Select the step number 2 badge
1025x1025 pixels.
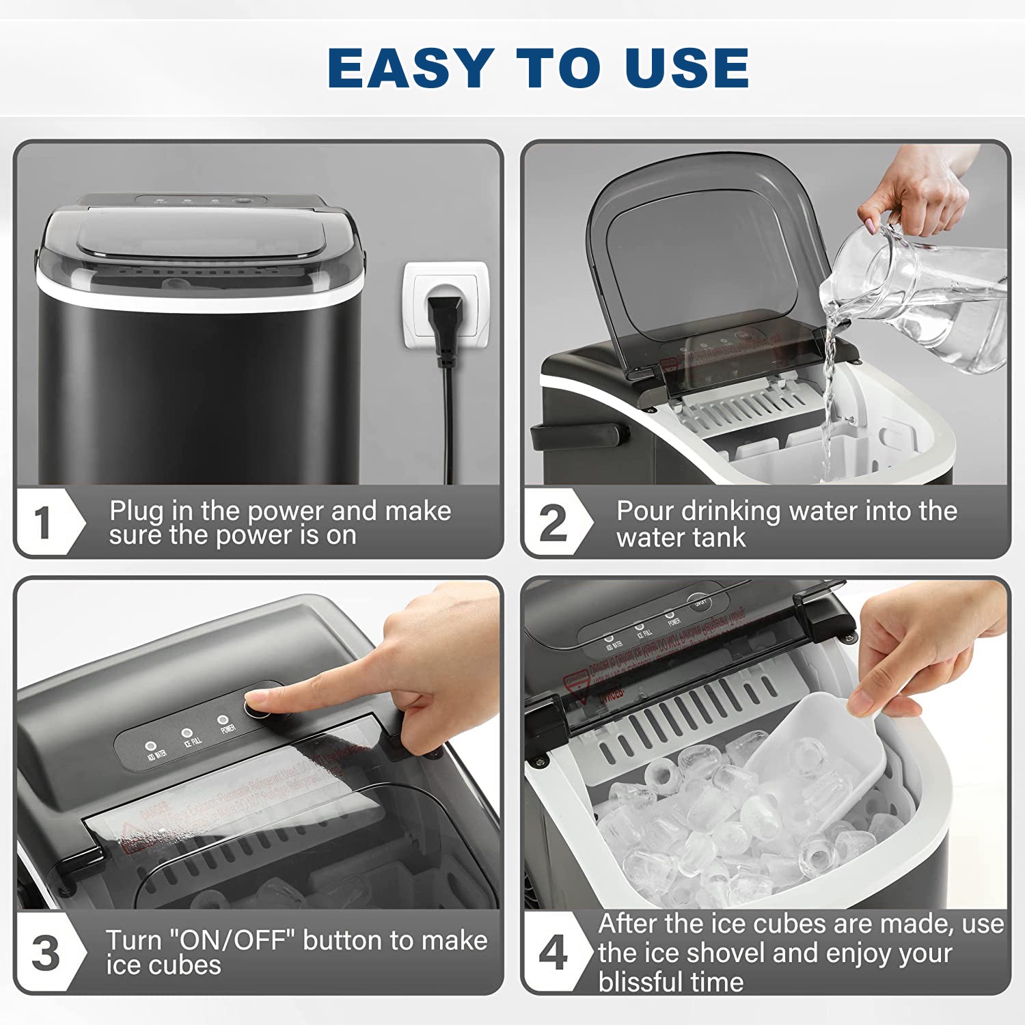coord(553,523)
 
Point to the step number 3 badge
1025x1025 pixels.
coord(45,953)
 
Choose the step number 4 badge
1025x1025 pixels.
coord(552,953)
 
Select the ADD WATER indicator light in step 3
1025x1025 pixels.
coord(151,746)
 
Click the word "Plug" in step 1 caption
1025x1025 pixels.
coord(137,512)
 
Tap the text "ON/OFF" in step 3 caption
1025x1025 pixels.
coord(236,940)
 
